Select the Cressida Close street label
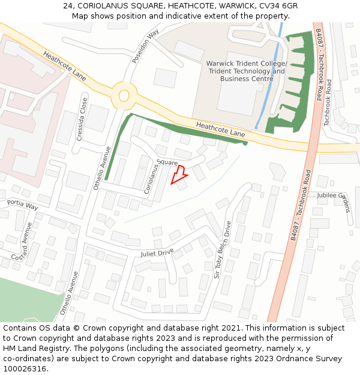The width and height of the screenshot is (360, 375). pyautogui.click(x=81, y=119)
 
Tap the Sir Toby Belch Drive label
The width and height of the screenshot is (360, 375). pyautogui.click(x=222, y=250)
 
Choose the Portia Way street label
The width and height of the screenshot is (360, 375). pyautogui.click(x=22, y=205)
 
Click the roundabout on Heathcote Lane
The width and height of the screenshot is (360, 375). pyautogui.click(x=124, y=95)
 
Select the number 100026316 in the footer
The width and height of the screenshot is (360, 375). pyautogui.click(x=25, y=368)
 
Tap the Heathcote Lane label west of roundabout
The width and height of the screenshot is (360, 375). pyautogui.click(x=64, y=66)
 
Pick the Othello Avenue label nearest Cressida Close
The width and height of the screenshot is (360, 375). pyautogui.click(x=101, y=168)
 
